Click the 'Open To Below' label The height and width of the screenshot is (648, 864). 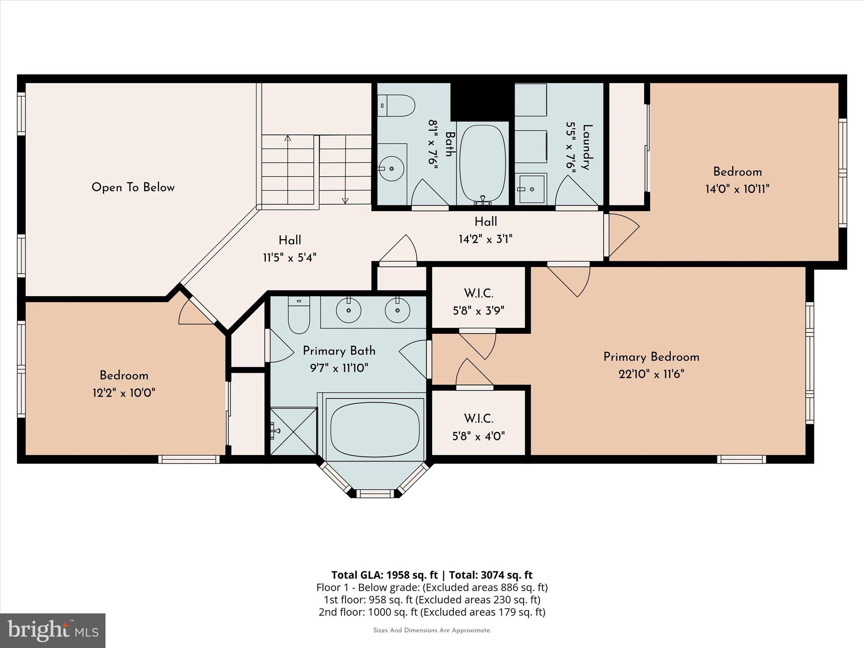pyautogui.click(x=133, y=187)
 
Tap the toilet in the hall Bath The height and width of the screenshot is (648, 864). pyautogui.click(x=398, y=105)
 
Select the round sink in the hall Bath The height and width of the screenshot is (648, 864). pyautogui.click(x=391, y=168)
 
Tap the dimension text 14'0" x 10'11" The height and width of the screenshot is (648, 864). pyautogui.click(x=737, y=189)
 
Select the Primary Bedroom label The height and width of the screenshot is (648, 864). pyautogui.click(x=651, y=357)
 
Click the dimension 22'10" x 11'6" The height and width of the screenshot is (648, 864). pyautogui.click(x=651, y=374)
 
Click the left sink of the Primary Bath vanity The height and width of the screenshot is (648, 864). pyautogui.click(x=348, y=310)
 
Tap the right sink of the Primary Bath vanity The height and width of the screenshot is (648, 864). pyautogui.click(x=397, y=310)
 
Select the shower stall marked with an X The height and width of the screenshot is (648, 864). pyautogui.click(x=293, y=431)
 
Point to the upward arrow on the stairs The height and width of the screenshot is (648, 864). pyautogui.click(x=288, y=138)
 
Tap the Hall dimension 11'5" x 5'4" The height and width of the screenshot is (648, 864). pyautogui.click(x=289, y=258)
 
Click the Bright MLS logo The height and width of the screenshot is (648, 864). pyautogui.click(x=53, y=630)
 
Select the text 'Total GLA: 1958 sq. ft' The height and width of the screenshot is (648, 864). pyautogui.click(x=385, y=575)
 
